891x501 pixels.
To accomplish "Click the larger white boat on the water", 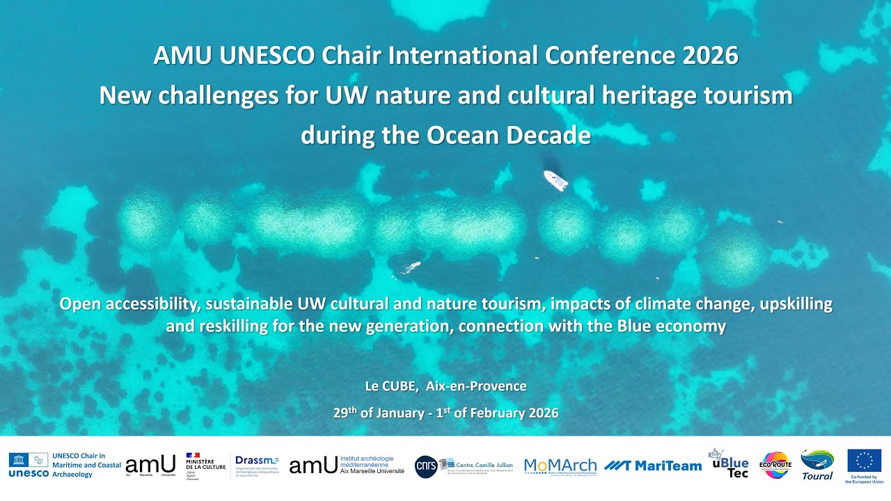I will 555,180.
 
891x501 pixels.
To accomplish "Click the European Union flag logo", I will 864,461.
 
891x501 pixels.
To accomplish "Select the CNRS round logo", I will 426,466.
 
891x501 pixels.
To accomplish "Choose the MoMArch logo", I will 560,466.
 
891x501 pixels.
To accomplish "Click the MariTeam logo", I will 652,466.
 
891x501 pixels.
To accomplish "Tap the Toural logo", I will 817,464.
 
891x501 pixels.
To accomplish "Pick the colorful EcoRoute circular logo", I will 775,465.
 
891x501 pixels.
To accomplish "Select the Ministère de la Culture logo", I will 205,466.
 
